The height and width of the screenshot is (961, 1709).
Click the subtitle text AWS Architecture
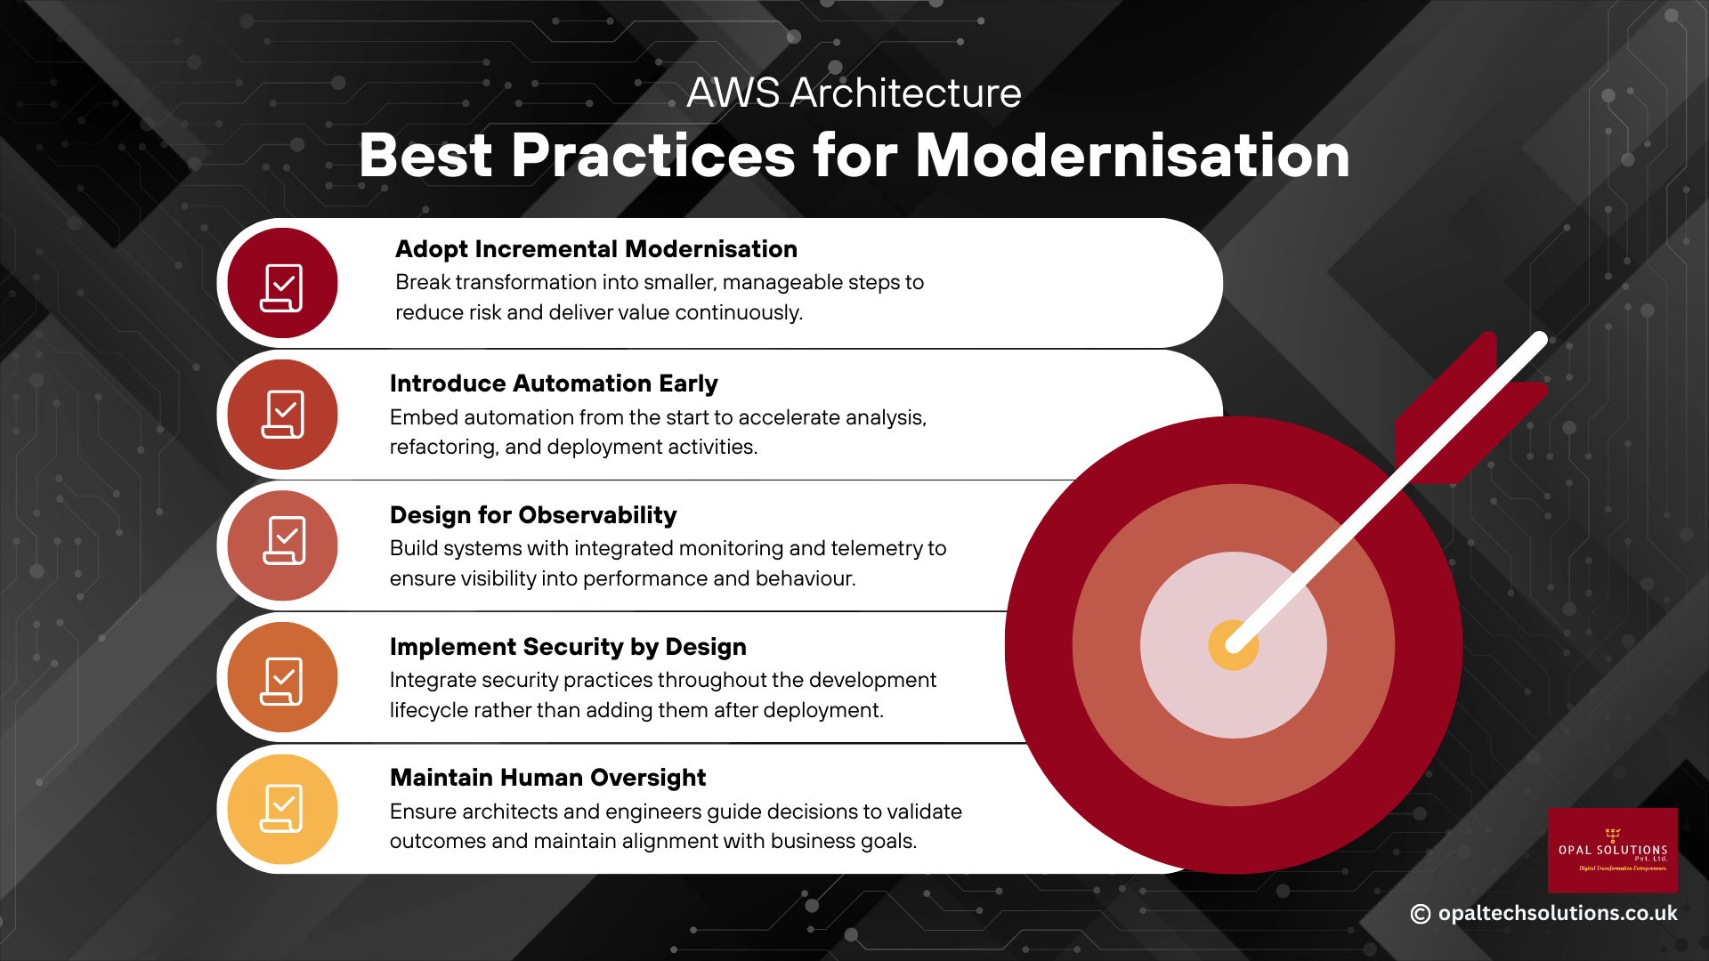coord(854,93)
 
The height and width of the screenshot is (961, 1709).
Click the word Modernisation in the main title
coord(1132,157)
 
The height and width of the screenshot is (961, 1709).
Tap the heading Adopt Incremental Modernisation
coord(595,249)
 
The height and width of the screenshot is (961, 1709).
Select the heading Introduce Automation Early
coord(553,384)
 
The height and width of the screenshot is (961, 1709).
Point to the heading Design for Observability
coord(532,515)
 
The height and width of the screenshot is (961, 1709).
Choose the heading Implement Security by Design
coord(567,647)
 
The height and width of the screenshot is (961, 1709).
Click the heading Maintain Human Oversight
coord(547,778)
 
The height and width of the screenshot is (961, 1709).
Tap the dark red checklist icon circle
coord(282,284)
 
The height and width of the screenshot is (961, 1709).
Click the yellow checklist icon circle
coord(282,809)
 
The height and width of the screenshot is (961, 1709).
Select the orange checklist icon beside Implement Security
coord(282,678)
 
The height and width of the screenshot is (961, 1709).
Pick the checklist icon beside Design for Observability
coord(282,545)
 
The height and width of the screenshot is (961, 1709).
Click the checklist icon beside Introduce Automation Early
coord(282,415)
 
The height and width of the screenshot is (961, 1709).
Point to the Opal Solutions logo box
coord(1612,850)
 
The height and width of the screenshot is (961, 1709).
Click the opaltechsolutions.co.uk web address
coord(1557,914)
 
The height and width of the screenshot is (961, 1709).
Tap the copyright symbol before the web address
coord(1421,914)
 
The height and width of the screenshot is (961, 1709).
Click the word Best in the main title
coord(425,157)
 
